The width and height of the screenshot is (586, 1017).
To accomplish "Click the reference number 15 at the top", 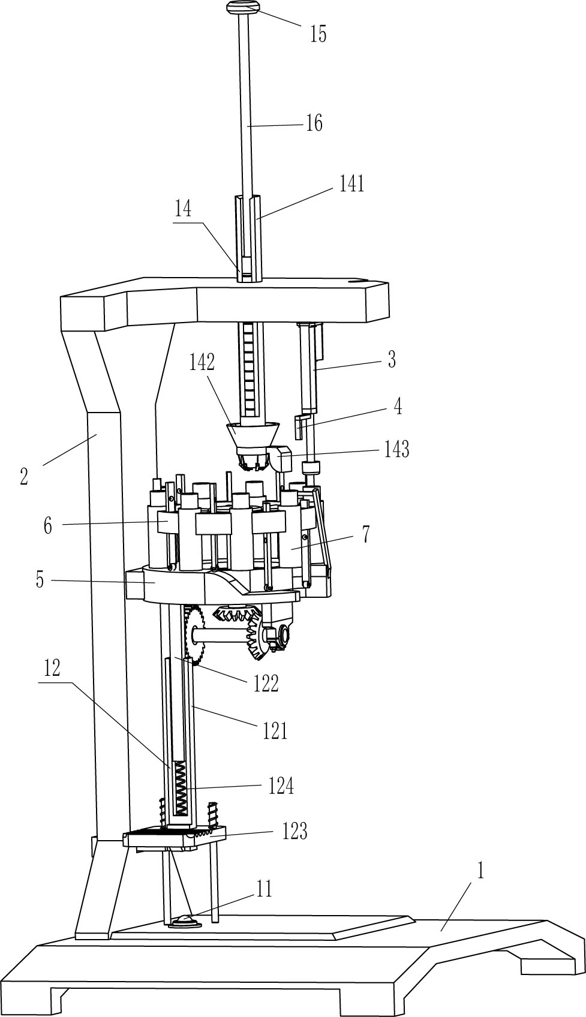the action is (x=318, y=34).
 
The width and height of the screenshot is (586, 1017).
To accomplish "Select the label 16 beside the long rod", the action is (x=314, y=123).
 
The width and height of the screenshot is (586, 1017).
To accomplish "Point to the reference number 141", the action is (x=351, y=184).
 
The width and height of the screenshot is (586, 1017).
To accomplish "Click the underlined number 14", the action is (x=182, y=209).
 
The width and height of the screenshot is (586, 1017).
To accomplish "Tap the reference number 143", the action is (x=396, y=450).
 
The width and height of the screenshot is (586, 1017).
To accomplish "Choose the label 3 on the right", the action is (x=392, y=360).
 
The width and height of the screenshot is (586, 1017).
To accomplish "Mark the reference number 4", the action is (x=398, y=407).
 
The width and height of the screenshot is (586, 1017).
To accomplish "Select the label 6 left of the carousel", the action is (x=48, y=526).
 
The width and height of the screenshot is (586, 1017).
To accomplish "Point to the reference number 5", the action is (x=40, y=580).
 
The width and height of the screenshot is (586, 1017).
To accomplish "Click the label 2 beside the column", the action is (x=24, y=477).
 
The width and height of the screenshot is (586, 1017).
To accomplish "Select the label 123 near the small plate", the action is (x=294, y=831).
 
